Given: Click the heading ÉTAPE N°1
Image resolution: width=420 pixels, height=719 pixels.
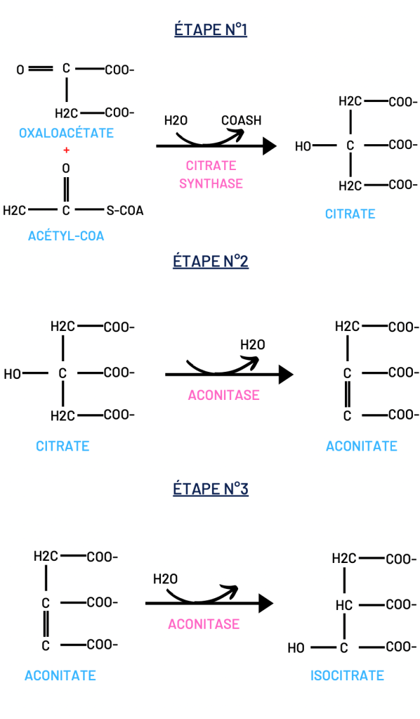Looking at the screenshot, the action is [211, 30].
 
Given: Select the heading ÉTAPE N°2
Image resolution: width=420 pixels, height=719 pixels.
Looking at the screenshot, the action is [211, 261].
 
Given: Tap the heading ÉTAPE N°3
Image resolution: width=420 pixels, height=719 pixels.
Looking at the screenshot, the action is [211, 488].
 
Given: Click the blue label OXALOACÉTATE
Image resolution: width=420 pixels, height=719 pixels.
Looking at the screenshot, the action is [66, 133].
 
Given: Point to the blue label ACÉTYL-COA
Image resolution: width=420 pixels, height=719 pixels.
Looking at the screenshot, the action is [66, 235].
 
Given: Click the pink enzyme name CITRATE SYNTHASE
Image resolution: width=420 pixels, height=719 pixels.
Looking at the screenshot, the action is [211, 174].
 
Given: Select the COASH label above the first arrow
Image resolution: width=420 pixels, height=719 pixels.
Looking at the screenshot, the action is [242, 121].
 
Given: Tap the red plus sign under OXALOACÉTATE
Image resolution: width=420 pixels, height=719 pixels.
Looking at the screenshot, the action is [67, 150].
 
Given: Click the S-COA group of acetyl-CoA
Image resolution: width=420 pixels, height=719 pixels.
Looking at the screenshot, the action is [125, 210].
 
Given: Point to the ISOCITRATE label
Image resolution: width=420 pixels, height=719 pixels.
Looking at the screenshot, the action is [347, 675].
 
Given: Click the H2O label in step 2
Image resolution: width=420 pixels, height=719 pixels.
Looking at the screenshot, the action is [253, 344].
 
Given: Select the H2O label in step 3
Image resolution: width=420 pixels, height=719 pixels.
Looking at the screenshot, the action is [165, 579].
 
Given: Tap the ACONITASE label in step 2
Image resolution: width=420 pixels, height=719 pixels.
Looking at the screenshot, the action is [223, 395].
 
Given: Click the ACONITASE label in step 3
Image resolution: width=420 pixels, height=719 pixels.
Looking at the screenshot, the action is [204, 624].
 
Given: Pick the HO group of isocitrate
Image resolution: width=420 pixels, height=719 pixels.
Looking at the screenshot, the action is [296, 648].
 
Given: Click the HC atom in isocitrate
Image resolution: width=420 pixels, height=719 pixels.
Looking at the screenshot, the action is [344, 605].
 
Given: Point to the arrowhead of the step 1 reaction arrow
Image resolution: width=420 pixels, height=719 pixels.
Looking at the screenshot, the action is [270, 146].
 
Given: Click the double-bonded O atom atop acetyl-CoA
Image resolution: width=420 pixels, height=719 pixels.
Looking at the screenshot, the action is [66, 168].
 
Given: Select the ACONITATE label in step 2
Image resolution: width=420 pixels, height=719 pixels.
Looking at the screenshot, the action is [362, 446].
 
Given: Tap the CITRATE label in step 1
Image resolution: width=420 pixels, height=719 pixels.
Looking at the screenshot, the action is [350, 214].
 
